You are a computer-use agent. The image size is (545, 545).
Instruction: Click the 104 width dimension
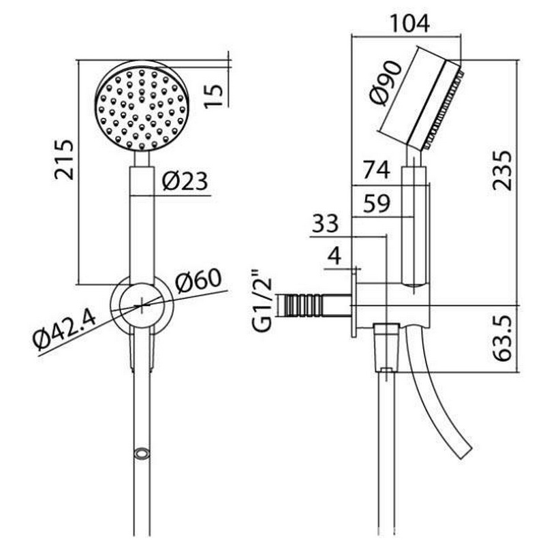click(410, 24)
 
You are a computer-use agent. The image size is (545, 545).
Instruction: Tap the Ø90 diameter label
click(386, 82)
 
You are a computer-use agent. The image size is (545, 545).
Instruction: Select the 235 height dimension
click(503, 170)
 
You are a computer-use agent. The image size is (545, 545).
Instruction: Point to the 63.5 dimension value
click(503, 339)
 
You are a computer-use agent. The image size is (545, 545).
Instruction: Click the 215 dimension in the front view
click(65, 160)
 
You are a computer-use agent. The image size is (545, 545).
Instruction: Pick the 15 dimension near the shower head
click(213, 96)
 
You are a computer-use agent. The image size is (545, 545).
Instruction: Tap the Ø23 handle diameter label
click(185, 181)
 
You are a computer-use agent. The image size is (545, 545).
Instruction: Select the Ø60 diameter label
click(198, 280)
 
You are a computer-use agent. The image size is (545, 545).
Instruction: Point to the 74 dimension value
click(377, 170)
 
